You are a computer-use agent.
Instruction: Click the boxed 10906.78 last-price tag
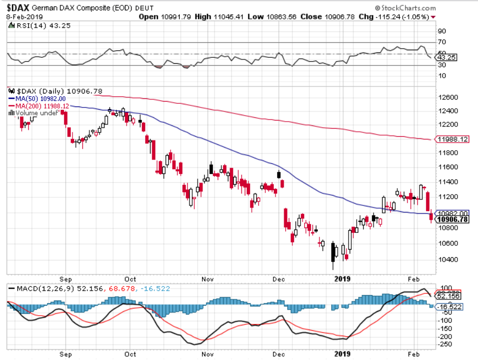pos(453,219)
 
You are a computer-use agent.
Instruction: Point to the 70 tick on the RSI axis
pos(442,42)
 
